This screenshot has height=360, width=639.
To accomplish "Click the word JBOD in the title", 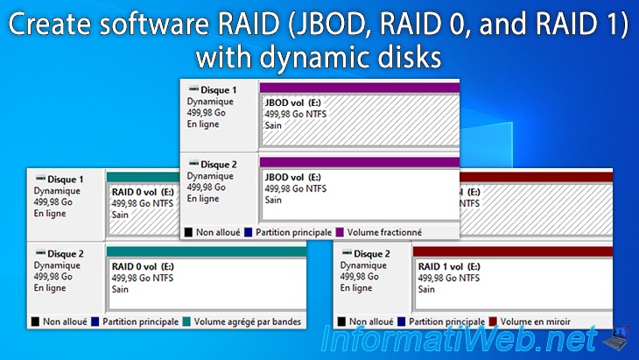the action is pos(330,24).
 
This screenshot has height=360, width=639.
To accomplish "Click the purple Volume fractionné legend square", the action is pos(340,232).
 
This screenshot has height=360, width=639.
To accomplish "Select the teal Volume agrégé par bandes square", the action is pos(186,321).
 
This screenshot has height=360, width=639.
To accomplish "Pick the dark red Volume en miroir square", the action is pos(493,321).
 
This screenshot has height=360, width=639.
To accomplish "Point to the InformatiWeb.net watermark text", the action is pos(460,339).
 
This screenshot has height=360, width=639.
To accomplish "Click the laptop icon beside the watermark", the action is pos(616,337).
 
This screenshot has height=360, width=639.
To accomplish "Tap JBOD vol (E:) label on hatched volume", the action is pos(293,102).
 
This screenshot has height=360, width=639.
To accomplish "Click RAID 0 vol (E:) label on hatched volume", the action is pos(143,192).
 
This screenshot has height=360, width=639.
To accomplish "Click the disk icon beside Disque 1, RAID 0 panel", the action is pos(40,178).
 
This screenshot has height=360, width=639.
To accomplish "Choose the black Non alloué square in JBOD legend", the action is pos(188,232).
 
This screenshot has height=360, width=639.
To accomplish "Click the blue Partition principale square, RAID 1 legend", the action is pos(402,321).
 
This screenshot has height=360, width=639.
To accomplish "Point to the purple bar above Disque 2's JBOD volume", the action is pos(360,162).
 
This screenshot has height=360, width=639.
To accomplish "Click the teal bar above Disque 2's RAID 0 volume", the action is pos(207,251).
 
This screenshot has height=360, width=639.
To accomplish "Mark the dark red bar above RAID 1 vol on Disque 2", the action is pos(513,251).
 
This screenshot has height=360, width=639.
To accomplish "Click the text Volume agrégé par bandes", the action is pos(248,321).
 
